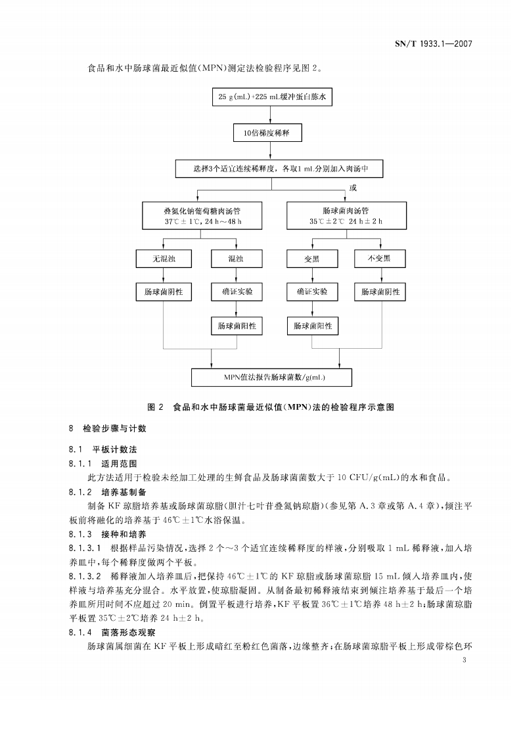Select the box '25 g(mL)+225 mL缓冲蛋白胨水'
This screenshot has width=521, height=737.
pyautogui.click(x=273, y=98)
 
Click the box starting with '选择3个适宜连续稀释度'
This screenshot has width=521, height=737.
pyautogui.click(x=279, y=168)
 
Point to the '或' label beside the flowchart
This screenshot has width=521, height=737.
pyautogui.click(x=353, y=188)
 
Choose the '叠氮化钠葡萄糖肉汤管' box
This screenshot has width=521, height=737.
pyautogui.click(x=203, y=215)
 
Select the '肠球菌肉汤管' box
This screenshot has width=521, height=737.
pyautogui.click(x=346, y=215)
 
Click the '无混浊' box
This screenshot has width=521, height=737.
pyautogui.click(x=163, y=259)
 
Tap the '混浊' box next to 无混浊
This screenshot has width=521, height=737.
pyautogui.click(x=236, y=259)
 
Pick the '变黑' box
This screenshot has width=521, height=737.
pyautogui.click(x=312, y=259)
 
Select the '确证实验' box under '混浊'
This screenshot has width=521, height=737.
pyautogui.click(x=236, y=291)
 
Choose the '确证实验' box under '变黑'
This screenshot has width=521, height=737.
pyautogui.click(x=312, y=291)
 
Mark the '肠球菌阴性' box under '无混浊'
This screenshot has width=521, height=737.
pyautogui.click(x=163, y=291)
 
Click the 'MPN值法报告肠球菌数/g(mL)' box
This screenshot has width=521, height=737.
pyautogui.click(x=271, y=377)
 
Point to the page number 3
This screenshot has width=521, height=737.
pyautogui.click(x=465, y=659)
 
